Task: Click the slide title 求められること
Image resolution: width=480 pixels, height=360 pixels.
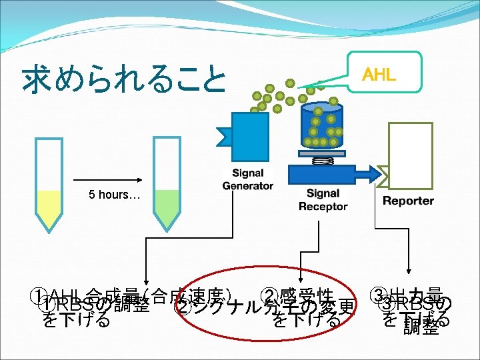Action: tap(124, 79)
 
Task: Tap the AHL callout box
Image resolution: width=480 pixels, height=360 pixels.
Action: tap(378, 74)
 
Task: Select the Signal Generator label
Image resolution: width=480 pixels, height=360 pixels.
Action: tap(248, 179)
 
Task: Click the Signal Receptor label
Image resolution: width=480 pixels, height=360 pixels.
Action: tap(323, 200)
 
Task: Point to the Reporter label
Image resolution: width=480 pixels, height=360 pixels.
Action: tap(408, 201)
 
